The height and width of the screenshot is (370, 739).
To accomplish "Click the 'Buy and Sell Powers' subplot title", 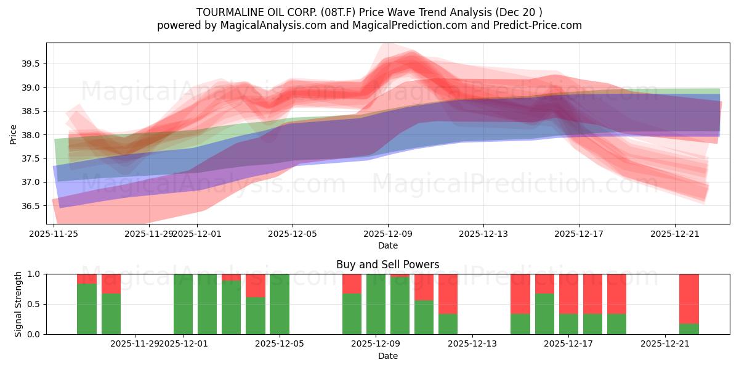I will click(x=387, y=265).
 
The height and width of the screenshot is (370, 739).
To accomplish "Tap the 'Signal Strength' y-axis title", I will click(x=18, y=304).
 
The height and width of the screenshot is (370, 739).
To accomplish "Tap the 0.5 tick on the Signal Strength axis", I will click(x=34, y=304).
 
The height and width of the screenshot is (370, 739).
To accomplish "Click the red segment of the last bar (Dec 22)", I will click(x=689, y=298).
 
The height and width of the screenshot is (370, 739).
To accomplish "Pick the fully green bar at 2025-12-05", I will click(x=280, y=304).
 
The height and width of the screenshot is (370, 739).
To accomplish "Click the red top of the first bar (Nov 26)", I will click(x=87, y=279).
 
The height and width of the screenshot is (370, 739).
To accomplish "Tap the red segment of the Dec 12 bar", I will click(x=448, y=294).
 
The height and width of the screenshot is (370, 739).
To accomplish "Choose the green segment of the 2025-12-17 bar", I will click(x=568, y=324).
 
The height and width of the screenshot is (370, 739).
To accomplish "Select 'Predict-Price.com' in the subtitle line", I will click(x=540, y=25).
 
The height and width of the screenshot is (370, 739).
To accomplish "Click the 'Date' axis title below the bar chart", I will click(x=387, y=356).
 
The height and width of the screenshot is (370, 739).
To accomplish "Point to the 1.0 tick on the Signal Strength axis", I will click(x=34, y=274).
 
